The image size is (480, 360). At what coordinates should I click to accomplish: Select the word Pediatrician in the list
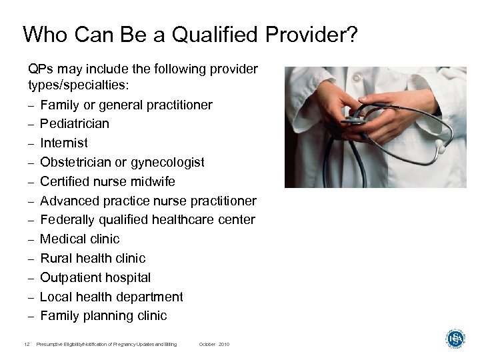pyautogui.click(x=75, y=124)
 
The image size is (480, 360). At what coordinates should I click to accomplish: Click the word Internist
pyautogui.click(x=63, y=143)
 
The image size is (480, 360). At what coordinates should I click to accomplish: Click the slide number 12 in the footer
pyautogui.click(x=25, y=344)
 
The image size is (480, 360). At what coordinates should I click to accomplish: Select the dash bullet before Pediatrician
pyautogui.click(x=31, y=124)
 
